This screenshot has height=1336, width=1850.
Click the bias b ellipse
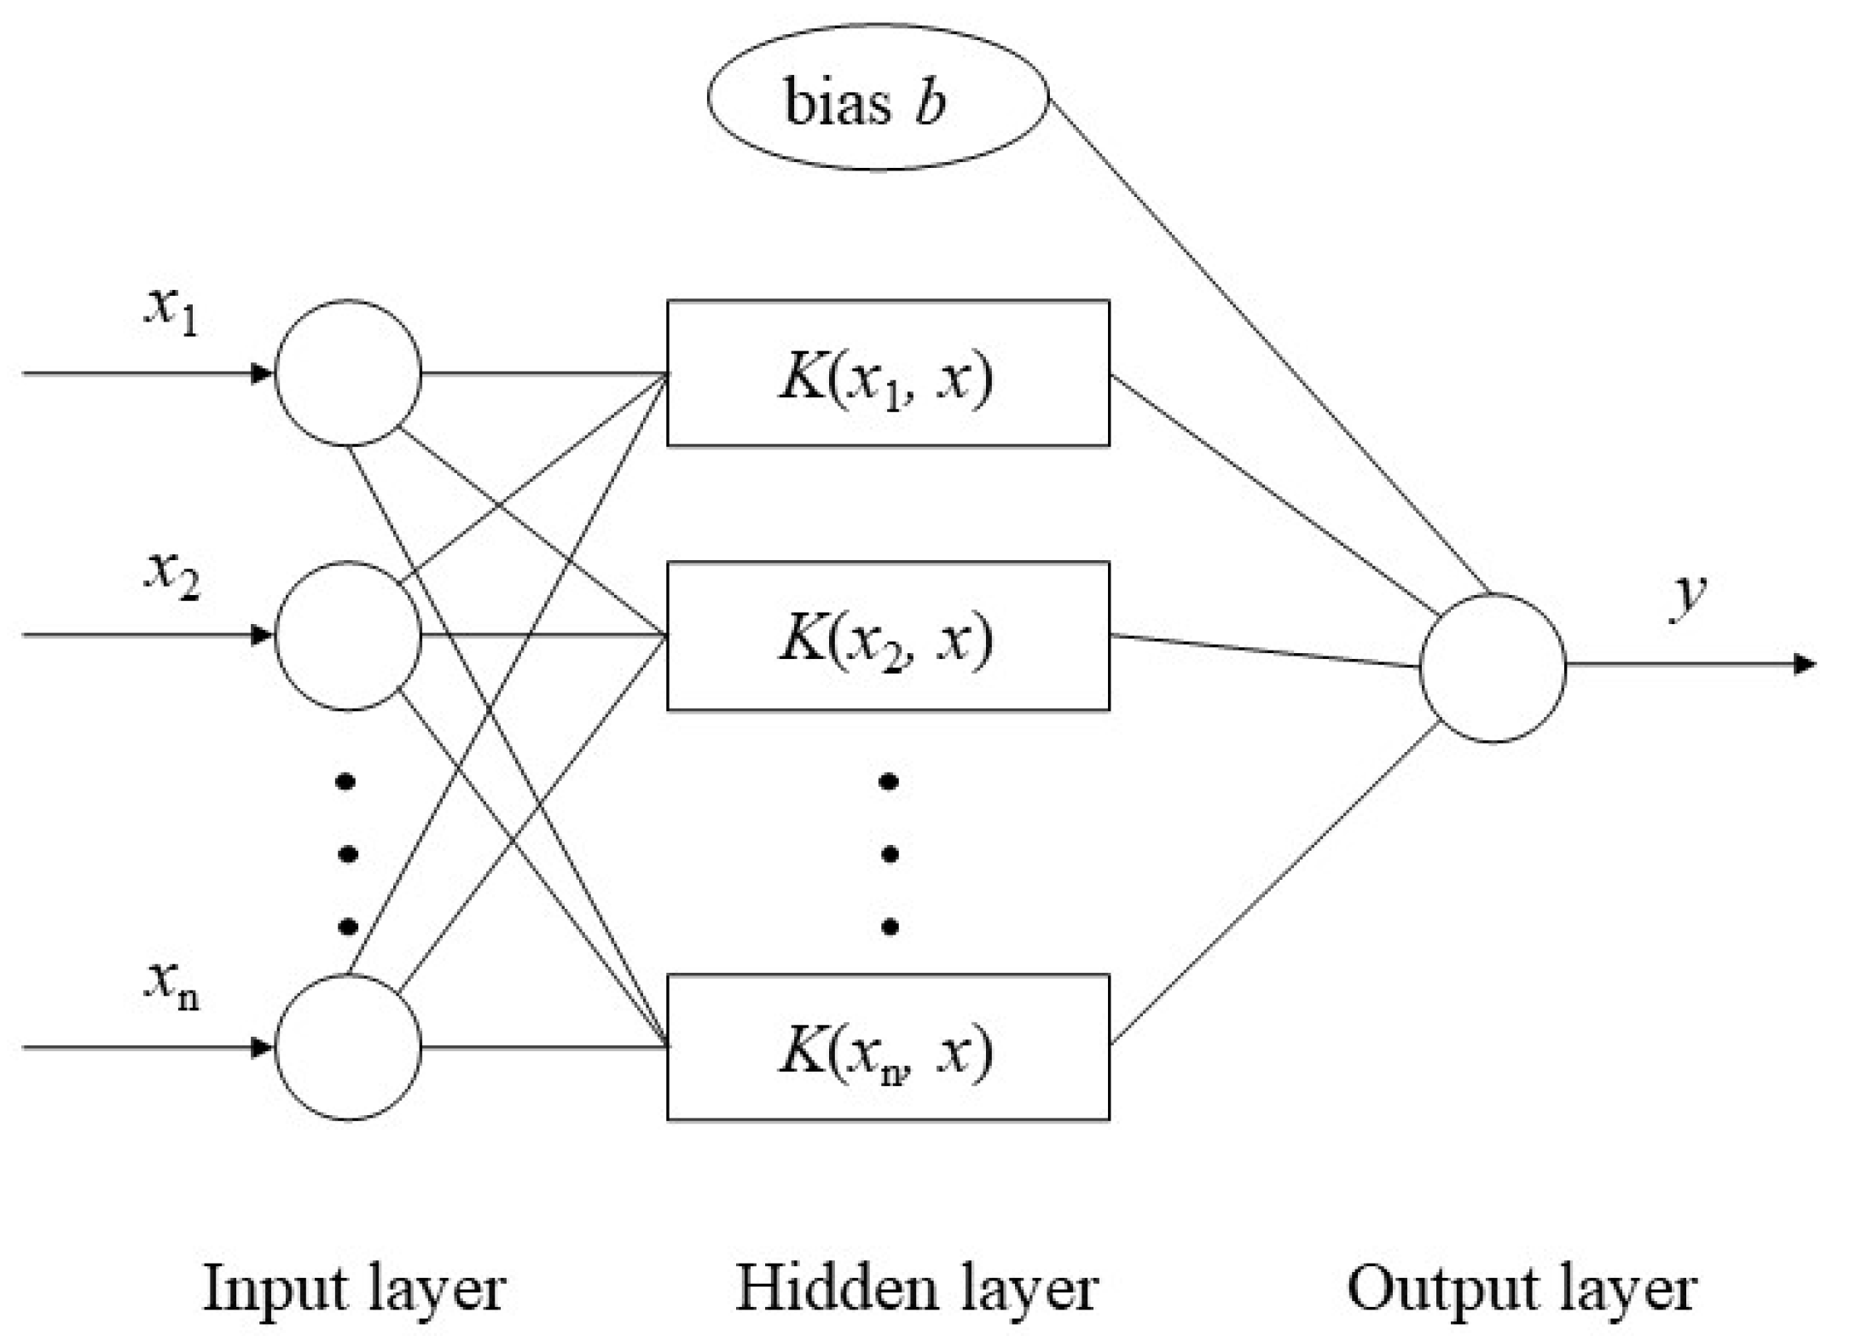pyautogui.click(x=878, y=97)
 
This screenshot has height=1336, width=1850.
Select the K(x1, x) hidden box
pyautogui.click(x=888, y=373)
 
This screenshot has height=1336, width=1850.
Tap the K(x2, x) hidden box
pyautogui.click(x=888, y=635)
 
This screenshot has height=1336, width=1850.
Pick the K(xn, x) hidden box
pyautogui.click(x=888, y=1047)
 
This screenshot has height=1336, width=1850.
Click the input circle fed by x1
pyautogui.click(x=348, y=373)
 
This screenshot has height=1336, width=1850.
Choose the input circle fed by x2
pyautogui.click(x=348, y=635)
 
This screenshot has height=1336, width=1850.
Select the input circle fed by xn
pyautogui.click(x=348, y=1047)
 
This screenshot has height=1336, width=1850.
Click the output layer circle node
pyautogui.click(x=1492, y=668)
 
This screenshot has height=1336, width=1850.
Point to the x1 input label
pyautogui.click(x=171, y=311)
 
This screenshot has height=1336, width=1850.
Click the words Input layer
pyautogui.click(x=354, y=1288)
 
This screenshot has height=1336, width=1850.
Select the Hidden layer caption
pyautogui.click(x=917, y=1288)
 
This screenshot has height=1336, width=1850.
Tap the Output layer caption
pyautogui.click(x=1522, y=1288)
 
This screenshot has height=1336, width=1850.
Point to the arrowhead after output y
pyautogui.click(x=1804, y=664)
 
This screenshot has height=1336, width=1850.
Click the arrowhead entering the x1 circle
pyautogui.click(x=261, y=373)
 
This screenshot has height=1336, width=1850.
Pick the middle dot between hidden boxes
pyautogui.click(x=890, y=853)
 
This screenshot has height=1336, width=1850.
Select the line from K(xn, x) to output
pyautogui.click(x=1275, y=882)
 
